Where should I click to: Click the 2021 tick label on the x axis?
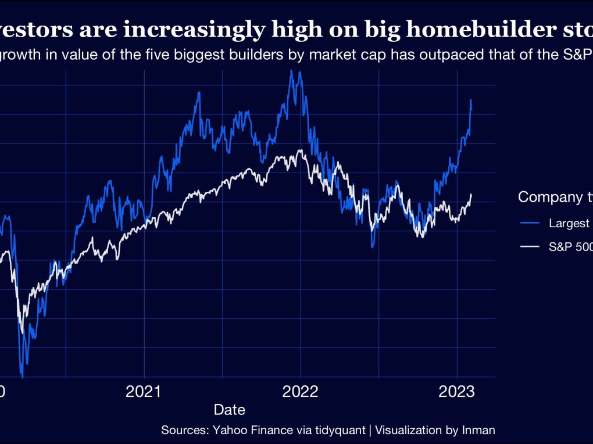[144, 391]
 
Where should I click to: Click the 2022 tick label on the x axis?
[301, 391]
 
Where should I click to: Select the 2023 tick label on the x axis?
[457, 391]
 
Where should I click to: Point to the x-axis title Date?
[229, 410]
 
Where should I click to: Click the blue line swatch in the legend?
[530, 224]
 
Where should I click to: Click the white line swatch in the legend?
[530, 247]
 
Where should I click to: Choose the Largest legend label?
[570, 224]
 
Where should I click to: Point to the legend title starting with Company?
[555, 197]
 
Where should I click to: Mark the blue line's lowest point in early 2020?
[23, 377]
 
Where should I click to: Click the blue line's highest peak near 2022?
[290, 70]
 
